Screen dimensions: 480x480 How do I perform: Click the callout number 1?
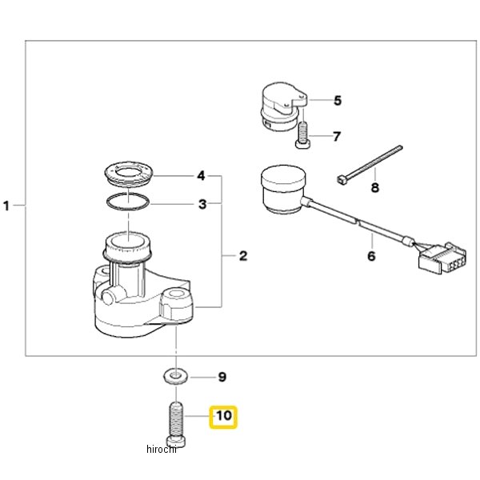pos(6,206)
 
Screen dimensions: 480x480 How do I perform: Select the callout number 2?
pos(243,256)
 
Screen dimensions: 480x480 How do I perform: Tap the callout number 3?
pos(202,204)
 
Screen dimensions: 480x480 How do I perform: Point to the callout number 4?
pos(201,176)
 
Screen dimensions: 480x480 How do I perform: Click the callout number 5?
pos(338,101)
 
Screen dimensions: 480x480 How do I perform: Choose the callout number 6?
pos(371,256)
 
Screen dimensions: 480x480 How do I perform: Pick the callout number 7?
pos(337,136)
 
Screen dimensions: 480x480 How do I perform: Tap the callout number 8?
pos(375,187)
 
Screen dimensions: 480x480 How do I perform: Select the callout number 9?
pos(222,377)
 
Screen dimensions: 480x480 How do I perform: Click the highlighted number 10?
pos(224,416)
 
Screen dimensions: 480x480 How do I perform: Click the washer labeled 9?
pos(175,376)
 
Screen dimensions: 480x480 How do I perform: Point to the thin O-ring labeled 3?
pos(128,202)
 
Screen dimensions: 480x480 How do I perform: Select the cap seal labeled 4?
pos(128,174)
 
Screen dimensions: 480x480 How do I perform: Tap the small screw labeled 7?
pos(302,134)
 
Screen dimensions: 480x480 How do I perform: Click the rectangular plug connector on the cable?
pos(442,257)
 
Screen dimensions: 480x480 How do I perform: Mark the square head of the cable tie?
pos(341,179)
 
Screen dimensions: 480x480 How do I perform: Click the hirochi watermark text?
pos(162,449)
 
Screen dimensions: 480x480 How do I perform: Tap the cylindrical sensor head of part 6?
pos(283,189)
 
